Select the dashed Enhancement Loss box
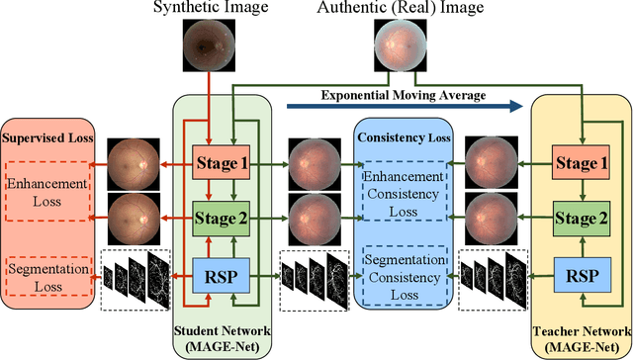pyautogui.click(x=47, y=191)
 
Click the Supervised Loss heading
pyautogui.click(x=47, y=136)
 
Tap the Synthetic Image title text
pyautogui.click(x=206, y=8)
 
